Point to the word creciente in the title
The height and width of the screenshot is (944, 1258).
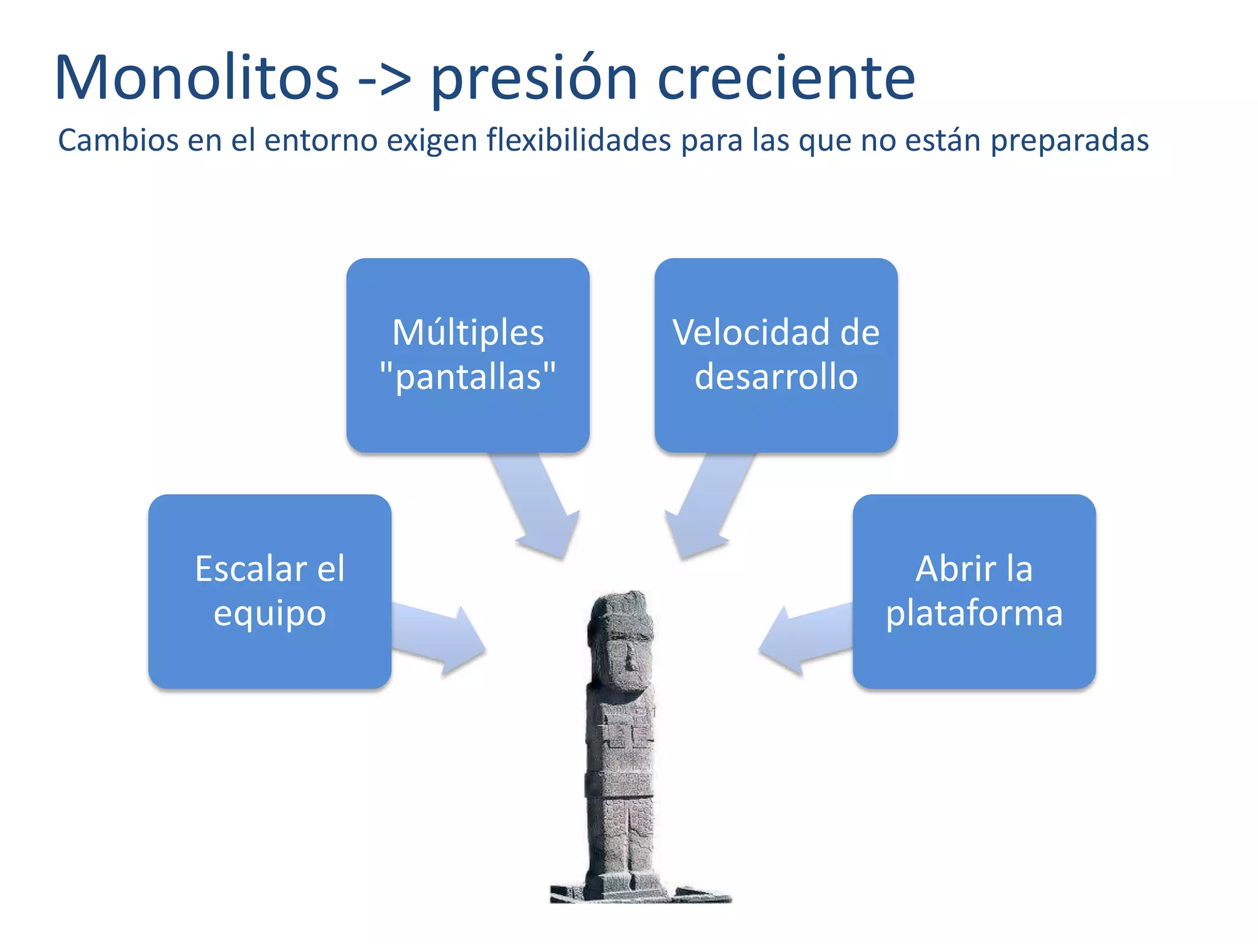786,79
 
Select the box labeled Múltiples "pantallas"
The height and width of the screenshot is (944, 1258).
468,355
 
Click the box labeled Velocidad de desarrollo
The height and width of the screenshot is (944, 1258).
776,355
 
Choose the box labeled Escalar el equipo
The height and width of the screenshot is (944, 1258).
270,591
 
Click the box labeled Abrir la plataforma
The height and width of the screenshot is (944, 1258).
974,591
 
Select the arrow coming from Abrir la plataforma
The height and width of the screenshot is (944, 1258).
805,639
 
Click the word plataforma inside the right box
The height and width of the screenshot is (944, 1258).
974,613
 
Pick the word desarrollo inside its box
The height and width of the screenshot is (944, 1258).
776,377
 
